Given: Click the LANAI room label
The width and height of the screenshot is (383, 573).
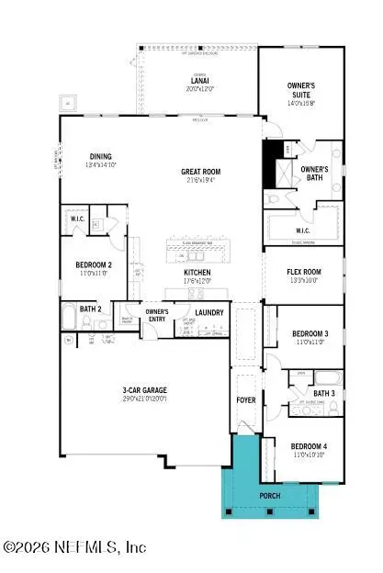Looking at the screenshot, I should [x=194, y=81].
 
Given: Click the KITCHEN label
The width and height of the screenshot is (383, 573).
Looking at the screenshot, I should [x=197, y=273].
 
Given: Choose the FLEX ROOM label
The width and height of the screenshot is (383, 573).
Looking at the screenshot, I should [x=303, y=272].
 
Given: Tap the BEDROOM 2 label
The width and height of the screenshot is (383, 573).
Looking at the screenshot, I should [x=94, y=265].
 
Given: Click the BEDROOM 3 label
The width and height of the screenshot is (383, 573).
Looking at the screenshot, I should [x=304, y=333].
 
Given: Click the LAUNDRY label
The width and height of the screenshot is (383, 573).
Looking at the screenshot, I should [x=209, y=312].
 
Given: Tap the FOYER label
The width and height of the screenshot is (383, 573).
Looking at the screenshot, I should [x=247, y=400].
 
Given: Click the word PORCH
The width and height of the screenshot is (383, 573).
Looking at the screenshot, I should [x=269, y=496].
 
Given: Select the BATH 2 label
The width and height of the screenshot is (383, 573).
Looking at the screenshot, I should [x=90, y=309].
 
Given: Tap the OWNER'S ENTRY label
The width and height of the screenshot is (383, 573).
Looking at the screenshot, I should [x=152, y=314].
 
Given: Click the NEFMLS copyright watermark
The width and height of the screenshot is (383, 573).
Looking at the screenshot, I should [x=75, y=547].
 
